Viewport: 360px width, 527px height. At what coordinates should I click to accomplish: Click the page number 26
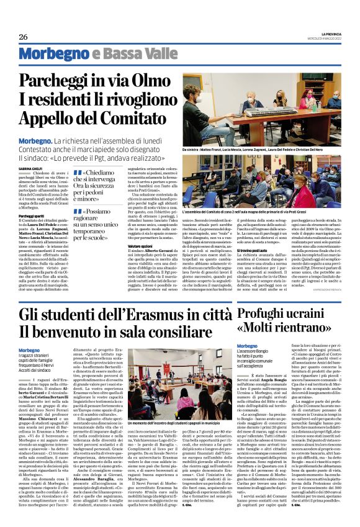24,37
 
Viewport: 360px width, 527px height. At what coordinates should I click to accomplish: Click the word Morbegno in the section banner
48,54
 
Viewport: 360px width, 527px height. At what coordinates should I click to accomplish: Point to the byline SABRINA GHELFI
30,168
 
